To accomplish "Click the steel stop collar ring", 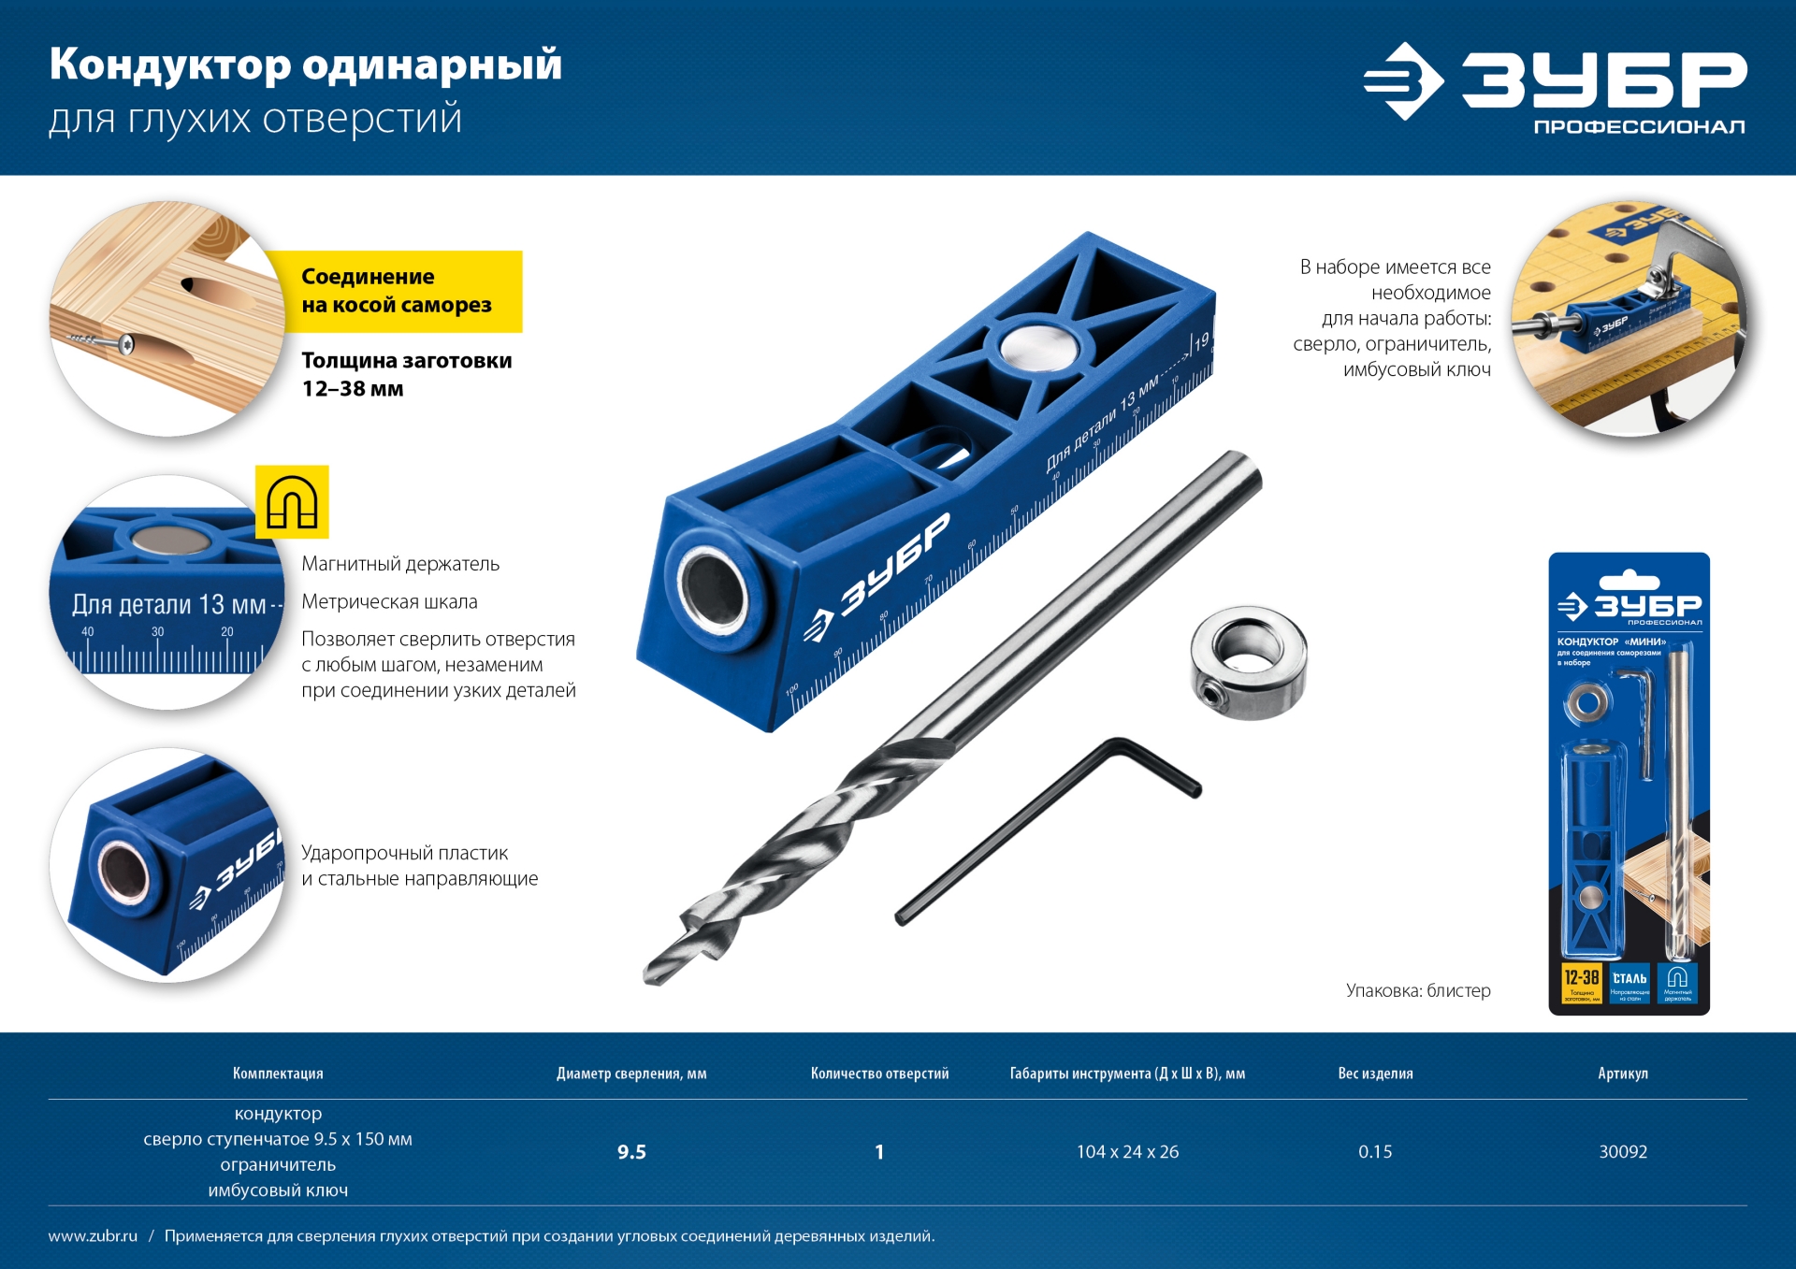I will pyautogui.click(x=1249, y=664).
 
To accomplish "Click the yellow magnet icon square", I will pyautogui.click(x=292, y=502).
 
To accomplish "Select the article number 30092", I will pyautogui.click(x=1622, y=1151).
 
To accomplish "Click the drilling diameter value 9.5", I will pyautogui.click(x=631, y=1152).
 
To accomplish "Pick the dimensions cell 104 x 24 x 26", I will pyautogui.click(x=1127, y=1152).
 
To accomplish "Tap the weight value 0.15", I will pyautogui.click(x=1375, y=1152).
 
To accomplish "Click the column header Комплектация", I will pyautogui.click(x=278, y=1074).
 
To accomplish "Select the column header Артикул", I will pyautogui.click(x=1622, y=1074).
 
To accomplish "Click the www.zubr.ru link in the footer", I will pyautogui.click(x=93, y=1236).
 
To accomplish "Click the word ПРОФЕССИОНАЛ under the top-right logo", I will pyautogui.click(x=1639, y=127).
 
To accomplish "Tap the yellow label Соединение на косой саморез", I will pyautogui.click(x=397, y=291).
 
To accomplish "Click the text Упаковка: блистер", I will pyautogui.click(x=1418, y=990).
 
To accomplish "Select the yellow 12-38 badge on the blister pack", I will pyautogui.click(x=1582, y=983).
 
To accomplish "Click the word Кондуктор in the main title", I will pyautogui.click(x=170, y=65).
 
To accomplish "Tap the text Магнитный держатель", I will pyautogui.click(x=400, y=564).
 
